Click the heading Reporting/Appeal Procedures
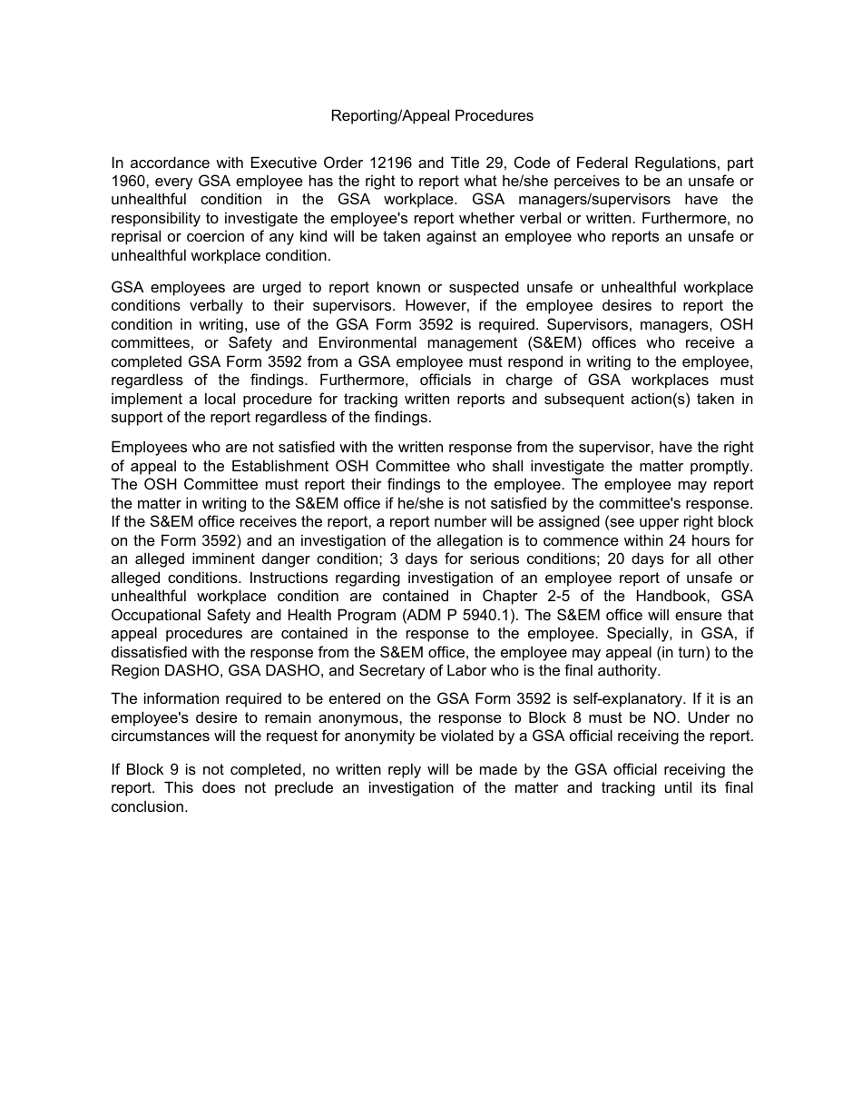(x=431, y=115)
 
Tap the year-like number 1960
(x=129, y=182)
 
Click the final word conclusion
(x=149, y=806)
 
